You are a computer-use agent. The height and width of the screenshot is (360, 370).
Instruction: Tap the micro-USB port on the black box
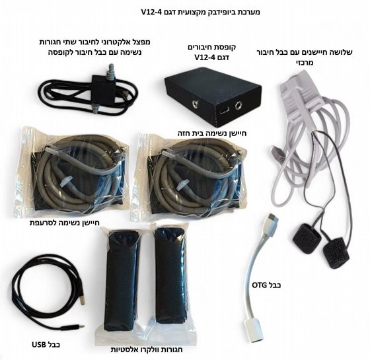tap(223, 110)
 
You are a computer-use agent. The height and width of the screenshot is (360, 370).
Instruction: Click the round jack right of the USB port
tap(239, 106)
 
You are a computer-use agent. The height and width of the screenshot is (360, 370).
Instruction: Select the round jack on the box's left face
tap(196, 104)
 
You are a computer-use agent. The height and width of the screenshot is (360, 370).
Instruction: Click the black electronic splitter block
tap(103, 89)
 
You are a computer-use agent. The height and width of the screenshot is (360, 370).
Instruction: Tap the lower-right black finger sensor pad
tap(336, 253)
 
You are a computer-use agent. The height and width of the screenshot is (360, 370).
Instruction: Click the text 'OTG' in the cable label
tap(260, 285)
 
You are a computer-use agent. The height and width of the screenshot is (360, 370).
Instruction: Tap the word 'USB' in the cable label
tap(40, 345)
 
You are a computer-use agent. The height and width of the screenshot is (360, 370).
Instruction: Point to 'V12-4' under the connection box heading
tap(204, 57)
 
